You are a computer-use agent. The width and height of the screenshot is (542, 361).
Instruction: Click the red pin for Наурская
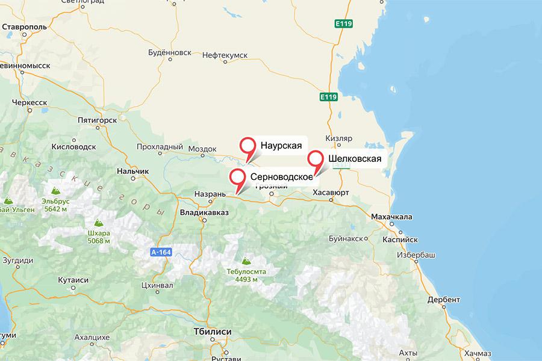pyautogui.click(x=248, y=146)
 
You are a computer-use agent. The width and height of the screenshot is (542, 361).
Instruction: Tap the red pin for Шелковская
pyautogui.click(x=316, y=159)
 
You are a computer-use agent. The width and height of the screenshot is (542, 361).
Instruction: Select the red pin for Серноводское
pyautogui.click(x=238, y=177)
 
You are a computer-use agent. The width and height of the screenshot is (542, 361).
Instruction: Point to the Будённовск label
pyautogui.click(x=170, y=53)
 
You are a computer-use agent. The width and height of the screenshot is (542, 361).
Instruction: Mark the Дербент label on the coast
pyautogui.click(x=443, y=299)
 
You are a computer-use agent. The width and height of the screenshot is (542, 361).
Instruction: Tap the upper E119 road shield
pyautogui.click(x=343, y=24)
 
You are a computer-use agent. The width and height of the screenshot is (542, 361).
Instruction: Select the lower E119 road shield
pyautogui.click(x=328, y=96)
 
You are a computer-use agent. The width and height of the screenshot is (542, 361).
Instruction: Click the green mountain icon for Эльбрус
pyautogui.click(x=8, y=200)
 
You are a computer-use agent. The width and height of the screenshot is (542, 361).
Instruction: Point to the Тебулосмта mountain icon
pyautogui.click(x=245, y=261)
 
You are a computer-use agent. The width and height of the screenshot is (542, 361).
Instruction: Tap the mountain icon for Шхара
pyautogui.click(x=99, y=223)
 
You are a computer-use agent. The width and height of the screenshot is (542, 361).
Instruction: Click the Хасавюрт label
pyautogui.click(x=331, y=193)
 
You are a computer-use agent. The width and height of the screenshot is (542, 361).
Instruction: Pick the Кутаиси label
pyautogui.click(x=73, y=280)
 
